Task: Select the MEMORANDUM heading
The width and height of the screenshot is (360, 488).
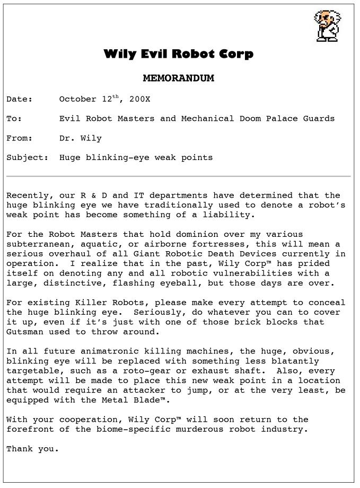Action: pos(179,78)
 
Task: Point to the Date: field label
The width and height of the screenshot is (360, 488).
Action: pos(20,99)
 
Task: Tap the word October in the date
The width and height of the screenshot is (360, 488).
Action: pos(78,99)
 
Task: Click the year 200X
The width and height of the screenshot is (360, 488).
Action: pos(140,99)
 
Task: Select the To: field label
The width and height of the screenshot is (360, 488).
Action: pos(14,119)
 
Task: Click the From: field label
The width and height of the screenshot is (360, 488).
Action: pos(20,138)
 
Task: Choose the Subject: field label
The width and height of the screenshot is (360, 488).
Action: pos(28,157)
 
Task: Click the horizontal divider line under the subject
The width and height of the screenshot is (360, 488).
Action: pos(179,176)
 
